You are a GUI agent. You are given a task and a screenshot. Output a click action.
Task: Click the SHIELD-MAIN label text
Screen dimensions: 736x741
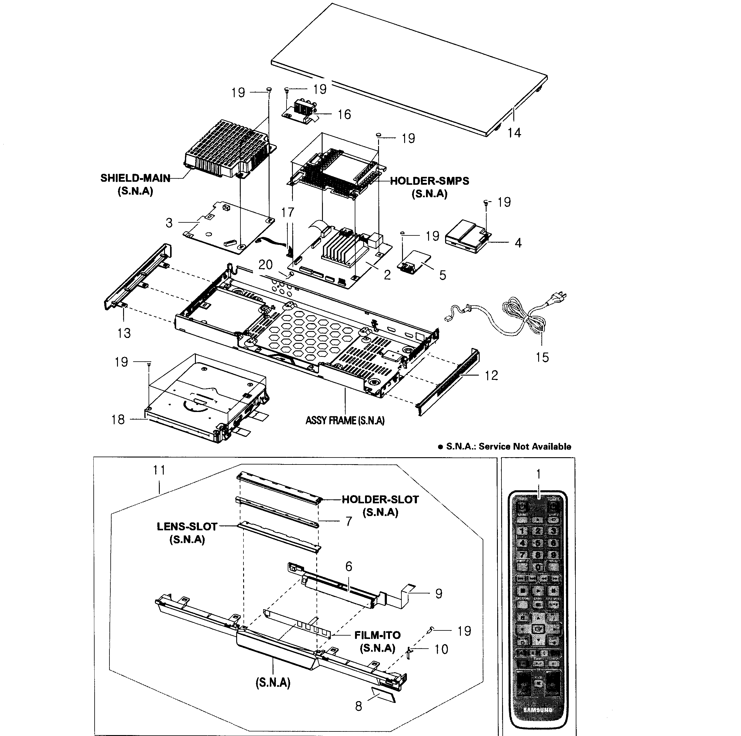(135, 178)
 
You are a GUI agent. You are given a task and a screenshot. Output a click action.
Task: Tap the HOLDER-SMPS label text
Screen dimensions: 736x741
(429, 181)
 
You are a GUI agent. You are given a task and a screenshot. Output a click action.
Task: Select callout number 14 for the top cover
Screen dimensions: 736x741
(514, 133)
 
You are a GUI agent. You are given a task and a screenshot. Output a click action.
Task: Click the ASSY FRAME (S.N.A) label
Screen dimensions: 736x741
(345, 420)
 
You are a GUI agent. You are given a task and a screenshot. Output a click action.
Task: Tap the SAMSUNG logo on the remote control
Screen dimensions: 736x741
(538, 710)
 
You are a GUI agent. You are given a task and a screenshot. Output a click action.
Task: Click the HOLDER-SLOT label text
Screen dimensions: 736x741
(380, 500)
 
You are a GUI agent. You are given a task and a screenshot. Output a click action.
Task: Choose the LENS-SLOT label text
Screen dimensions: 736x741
(187, 526)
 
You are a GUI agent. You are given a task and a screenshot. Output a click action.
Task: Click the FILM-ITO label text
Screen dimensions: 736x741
(377, 635)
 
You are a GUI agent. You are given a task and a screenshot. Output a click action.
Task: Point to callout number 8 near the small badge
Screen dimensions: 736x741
(358, 706)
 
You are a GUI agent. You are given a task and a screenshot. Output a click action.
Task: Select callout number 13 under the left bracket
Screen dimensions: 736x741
(124, 333)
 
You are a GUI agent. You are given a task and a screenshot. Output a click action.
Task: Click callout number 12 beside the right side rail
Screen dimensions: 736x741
(491, 375)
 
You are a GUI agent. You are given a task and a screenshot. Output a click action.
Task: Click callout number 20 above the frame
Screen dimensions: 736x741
(265, 264)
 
